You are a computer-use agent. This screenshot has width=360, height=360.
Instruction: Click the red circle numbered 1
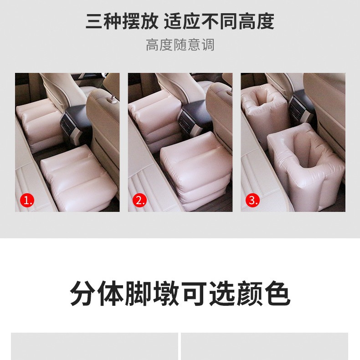click(27, 200)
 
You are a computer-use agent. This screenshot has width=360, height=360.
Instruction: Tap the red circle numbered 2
click(139, 200)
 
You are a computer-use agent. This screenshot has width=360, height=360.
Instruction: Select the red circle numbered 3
click(252, 200)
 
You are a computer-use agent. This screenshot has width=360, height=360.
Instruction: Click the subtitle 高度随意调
click(180, 45)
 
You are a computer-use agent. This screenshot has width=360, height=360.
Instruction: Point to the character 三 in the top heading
click(94, 22)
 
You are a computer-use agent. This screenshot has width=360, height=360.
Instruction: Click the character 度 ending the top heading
click(266, 22)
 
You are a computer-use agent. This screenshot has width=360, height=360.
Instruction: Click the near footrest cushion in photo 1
click(78, 179)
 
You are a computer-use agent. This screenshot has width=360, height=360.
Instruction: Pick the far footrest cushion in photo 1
click(39, 129)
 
